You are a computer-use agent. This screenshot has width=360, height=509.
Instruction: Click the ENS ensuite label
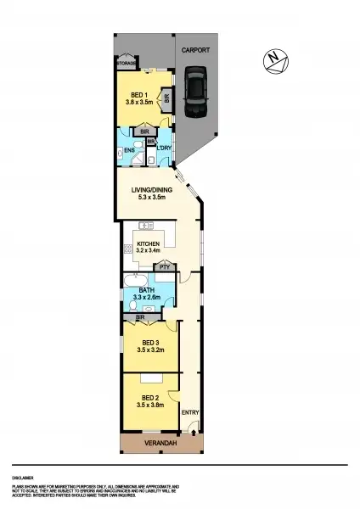pos(129,151)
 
